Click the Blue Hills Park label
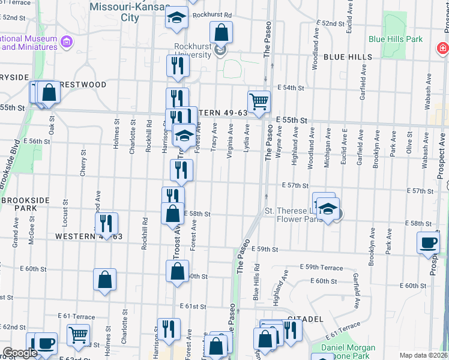396,40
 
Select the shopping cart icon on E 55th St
259,102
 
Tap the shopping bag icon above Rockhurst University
221,32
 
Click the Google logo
20,353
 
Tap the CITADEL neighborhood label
306,319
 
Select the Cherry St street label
83,163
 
